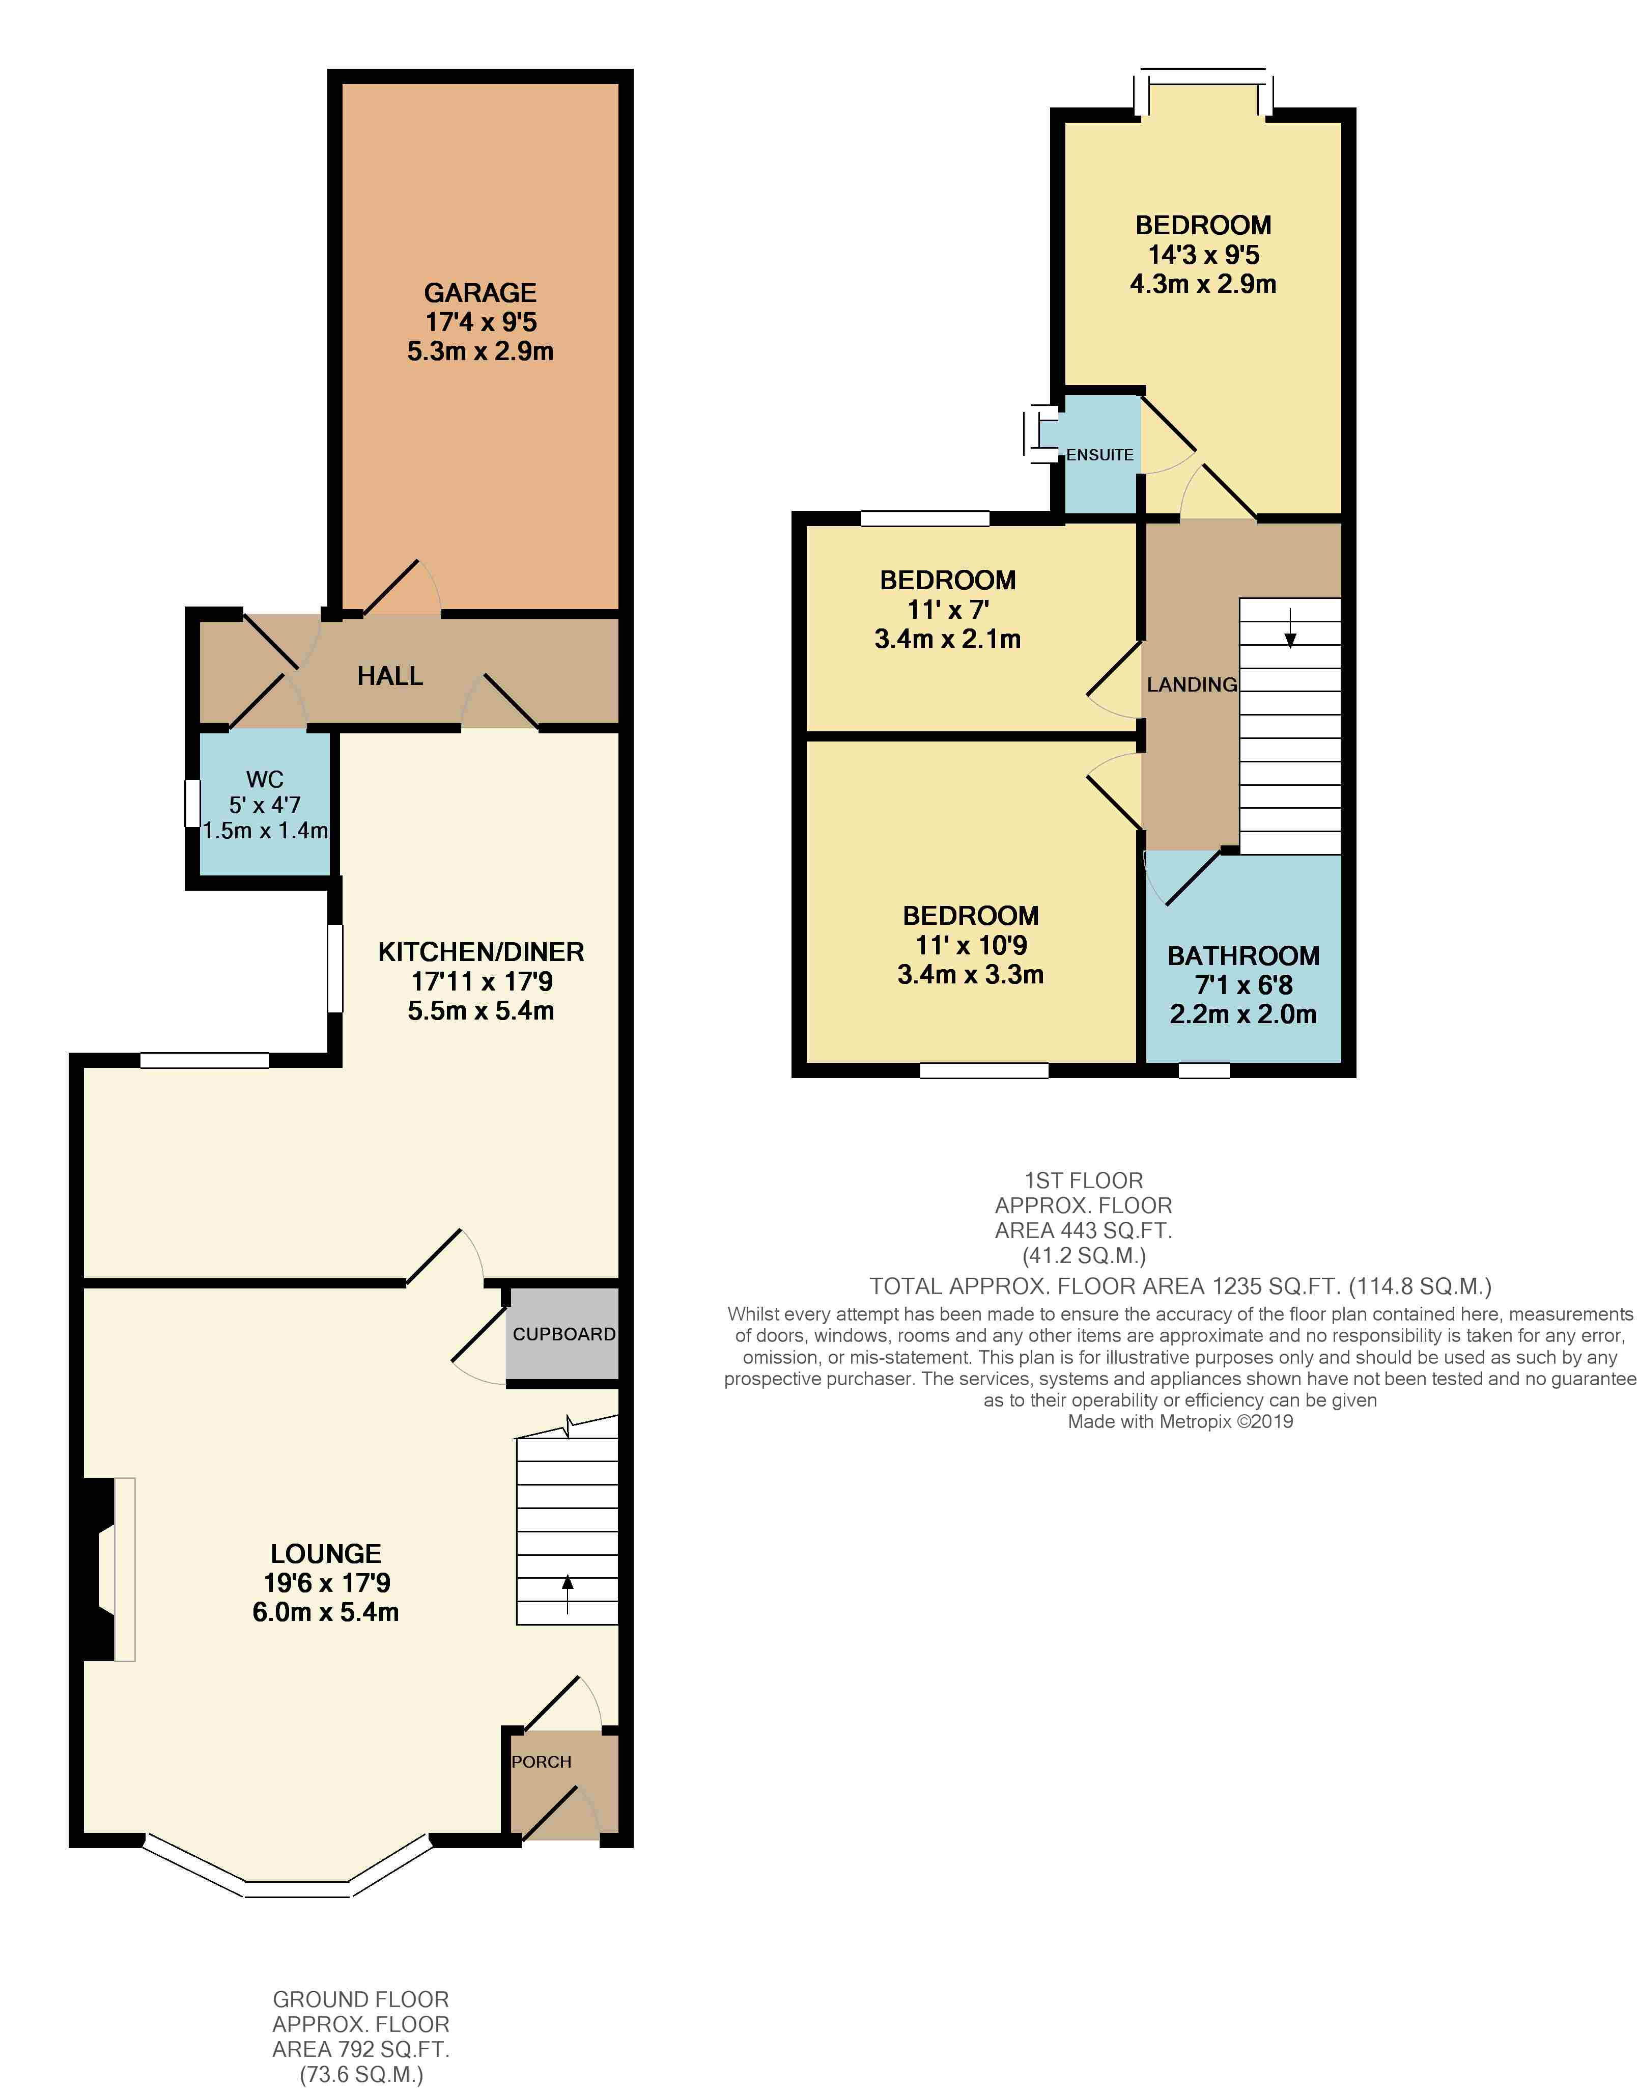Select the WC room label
(x=265, y=780)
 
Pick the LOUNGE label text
(x=325, y=1553)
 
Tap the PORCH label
(x=541, y=1762)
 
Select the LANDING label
(x=1192, y=684)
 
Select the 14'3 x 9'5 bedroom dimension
(x=1203, y=255)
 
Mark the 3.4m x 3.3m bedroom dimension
(x=970, y=974)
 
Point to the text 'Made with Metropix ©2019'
(x=1180, y=1422)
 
